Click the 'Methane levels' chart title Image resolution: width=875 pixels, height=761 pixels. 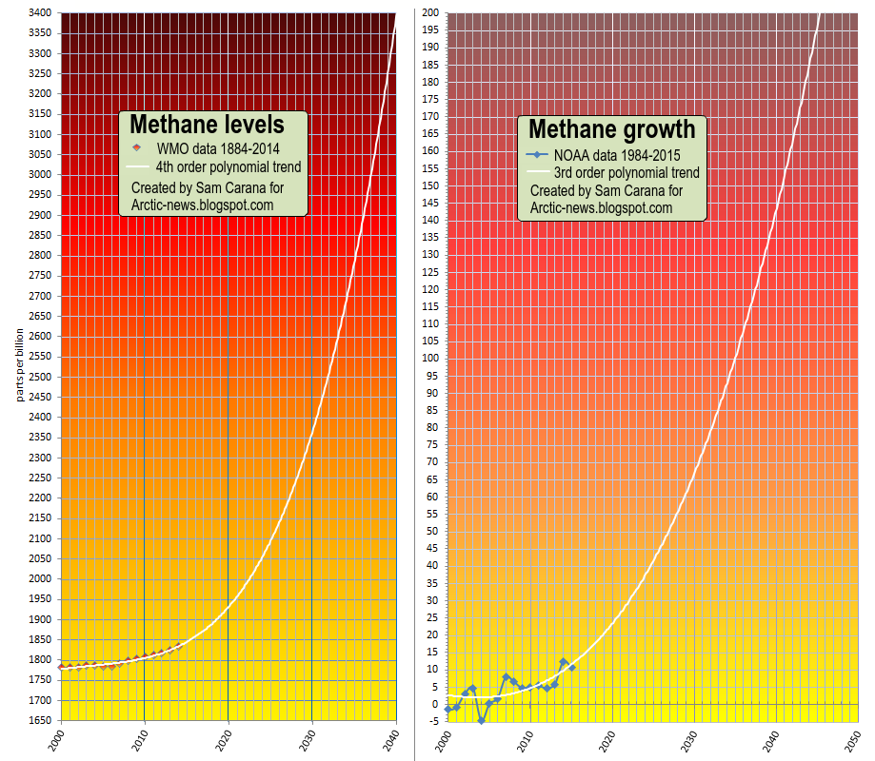point(207,125)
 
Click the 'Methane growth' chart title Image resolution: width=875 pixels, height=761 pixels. point(611,129)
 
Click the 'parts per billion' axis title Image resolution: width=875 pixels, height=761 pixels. point(19,364)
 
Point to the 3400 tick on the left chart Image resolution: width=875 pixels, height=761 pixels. point(39,13)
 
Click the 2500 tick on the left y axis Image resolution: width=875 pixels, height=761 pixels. point(39,377)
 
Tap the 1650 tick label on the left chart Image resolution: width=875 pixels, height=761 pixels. point(39,720)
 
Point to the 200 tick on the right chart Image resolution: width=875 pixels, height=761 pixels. point(430,13)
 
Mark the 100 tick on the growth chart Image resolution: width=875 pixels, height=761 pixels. point(430,359)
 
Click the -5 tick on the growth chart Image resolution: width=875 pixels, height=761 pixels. point(433,721)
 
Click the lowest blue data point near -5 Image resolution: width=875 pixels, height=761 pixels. point(481,721)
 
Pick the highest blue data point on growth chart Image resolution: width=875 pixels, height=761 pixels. point(564,662)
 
